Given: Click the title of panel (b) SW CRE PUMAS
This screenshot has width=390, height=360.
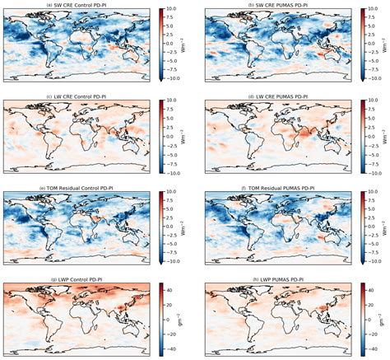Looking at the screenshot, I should click(x=275, y=4).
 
